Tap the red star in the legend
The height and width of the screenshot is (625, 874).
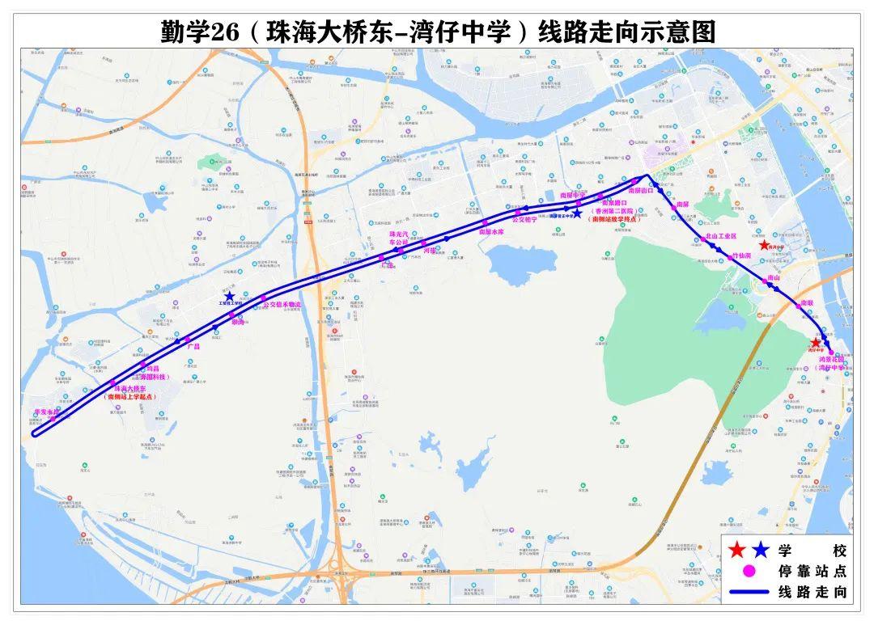pyautogui.click(x=736, y=551)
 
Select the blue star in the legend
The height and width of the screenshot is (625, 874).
pyautogui.click(x=760, y=551)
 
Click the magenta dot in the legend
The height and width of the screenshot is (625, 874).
pyautogui.click(x=749, y=571)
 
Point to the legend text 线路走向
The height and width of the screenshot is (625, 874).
pyautogui.click(x=812, y=592)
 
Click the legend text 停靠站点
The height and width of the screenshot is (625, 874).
pyautogui.click(x=812, y=572)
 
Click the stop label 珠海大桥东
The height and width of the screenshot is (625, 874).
pyautogui.click(x=132, y=389)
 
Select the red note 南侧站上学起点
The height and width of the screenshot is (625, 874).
pyautogui.click(x=132, y=397)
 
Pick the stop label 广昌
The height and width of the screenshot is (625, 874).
pyautogui.click(x=193, y=345)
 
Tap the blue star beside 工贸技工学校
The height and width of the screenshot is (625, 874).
pyautogui.click(x=229, y=296)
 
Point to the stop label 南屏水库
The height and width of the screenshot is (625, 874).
pyautogui.click(x=492, y=231)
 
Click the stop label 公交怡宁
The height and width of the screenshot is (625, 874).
pyautogui.click(x=524, y=218)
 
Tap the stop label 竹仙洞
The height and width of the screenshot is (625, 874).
pyautogui.click(x=742, y=255)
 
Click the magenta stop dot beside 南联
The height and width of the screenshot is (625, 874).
pyautogui.click(x=797, y=306)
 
